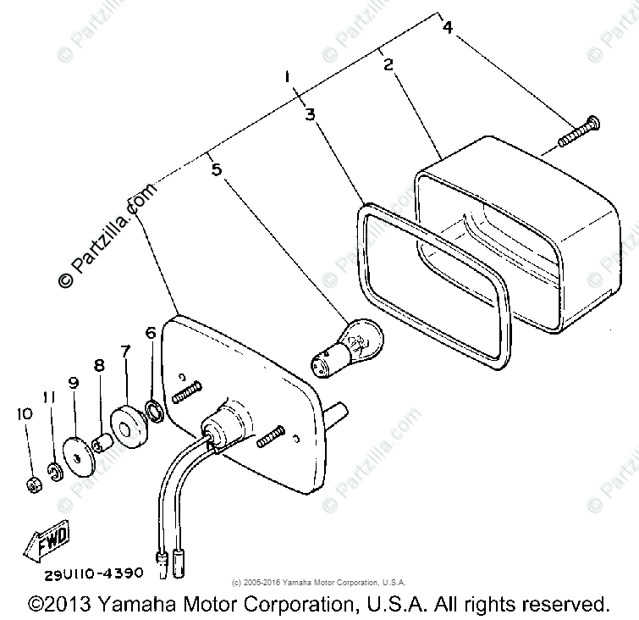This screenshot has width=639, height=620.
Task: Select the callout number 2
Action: tap(388, 64)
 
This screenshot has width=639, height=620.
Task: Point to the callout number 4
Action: tap(447, 28)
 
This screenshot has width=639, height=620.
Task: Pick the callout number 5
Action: tap(217, 170)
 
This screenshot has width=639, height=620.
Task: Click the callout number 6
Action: tap(151, 334)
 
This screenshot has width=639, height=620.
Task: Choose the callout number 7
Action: tap(124, 351)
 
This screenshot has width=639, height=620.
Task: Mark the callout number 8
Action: tap(99, 366)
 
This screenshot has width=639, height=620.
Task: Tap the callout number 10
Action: tap(23, 413)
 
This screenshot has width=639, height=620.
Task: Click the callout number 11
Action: tap(48, 398)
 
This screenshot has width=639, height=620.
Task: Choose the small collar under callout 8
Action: tap(100, 443)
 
